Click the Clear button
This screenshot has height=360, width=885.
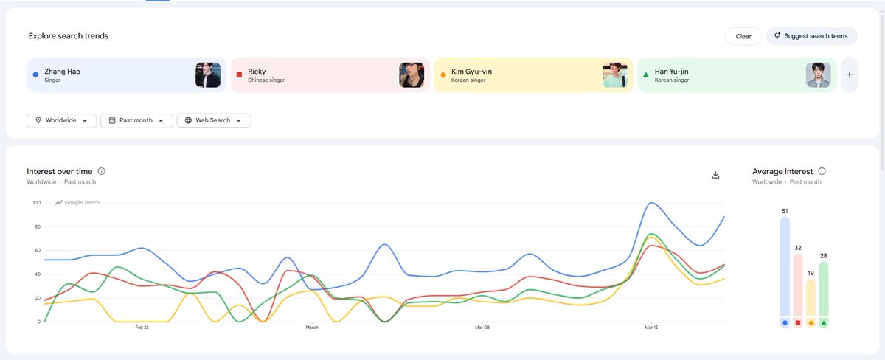click(743, 36)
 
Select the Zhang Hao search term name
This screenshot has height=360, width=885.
click(63, 72)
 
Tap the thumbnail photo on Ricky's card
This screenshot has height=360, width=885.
click(412, 75)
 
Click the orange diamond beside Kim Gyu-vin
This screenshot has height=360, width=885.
click(442, 75)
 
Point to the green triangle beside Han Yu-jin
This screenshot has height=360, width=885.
click(646, 75)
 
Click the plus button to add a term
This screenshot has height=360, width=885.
click(849, 75)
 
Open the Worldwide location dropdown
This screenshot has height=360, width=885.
click(62, 120)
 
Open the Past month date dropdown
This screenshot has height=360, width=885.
click(136, 120)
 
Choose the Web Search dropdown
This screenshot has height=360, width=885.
click(214, 120)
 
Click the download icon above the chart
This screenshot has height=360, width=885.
click(715, 175)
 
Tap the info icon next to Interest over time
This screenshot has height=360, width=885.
click(102, 171)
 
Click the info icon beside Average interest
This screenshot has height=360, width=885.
click(822, 171)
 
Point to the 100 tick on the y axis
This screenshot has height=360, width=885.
click(35, 202)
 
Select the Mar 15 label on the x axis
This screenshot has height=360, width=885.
click(650, 327)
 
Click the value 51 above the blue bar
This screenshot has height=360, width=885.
click(785, 212)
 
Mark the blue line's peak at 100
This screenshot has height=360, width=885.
click(650, 203)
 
